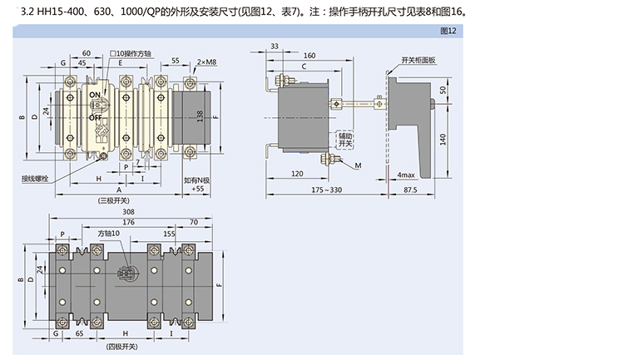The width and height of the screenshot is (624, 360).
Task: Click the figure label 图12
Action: tap(448, 31)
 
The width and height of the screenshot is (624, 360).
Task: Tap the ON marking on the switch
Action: tap(95, 96)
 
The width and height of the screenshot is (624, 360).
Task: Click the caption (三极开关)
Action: tap(113, 200)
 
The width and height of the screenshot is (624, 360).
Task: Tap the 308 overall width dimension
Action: tap(129, 213)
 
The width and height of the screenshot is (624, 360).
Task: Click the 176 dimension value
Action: tap(127, 222)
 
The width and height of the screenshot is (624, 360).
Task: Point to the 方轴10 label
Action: tap(108, 234)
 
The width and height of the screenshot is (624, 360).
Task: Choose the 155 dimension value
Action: tap(169, 234)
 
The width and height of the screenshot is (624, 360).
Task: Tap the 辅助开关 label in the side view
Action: tap(344, 139)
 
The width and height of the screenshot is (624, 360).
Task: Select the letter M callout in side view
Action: tap(357, 166)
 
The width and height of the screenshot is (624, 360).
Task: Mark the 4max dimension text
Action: tap(406, 175)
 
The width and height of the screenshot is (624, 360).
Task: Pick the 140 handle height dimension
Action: tap(444, 138)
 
